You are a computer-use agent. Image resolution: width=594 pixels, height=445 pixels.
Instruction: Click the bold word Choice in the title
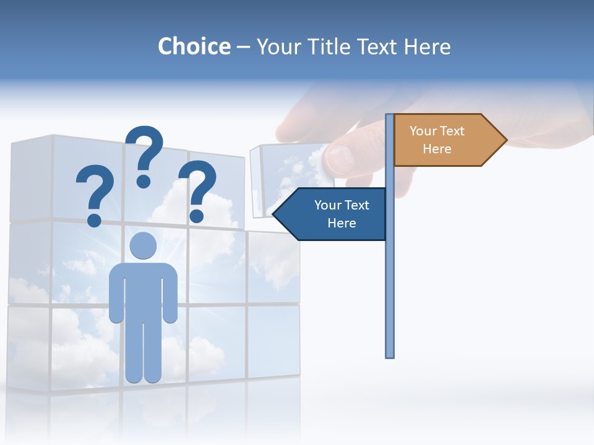194,46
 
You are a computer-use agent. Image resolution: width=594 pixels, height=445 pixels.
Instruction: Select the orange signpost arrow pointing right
445,140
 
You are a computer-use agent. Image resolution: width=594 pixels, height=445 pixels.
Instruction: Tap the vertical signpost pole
389,278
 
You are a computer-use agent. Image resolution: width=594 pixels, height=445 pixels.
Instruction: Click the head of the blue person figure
143,245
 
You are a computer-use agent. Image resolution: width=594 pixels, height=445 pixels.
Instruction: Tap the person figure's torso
143,290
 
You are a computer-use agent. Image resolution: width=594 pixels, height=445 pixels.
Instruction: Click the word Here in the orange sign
437,149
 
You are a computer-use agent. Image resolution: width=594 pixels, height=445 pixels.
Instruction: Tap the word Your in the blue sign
325,205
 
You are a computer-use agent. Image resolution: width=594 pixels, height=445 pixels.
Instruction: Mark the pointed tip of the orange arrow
506,140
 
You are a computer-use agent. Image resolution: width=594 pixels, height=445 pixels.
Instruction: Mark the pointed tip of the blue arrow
273,214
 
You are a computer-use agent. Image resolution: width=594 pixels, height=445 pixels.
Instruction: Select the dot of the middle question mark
144,181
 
